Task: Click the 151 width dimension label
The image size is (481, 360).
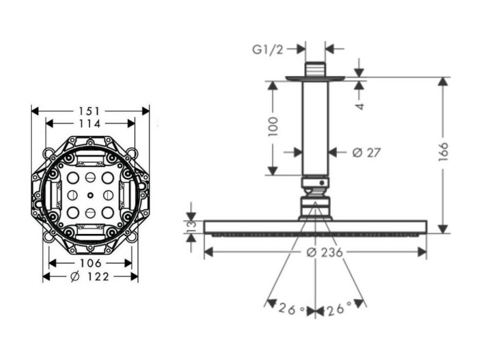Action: point(90,111)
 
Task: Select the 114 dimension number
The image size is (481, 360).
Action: point(90,124)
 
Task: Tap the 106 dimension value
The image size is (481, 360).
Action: point(91,263)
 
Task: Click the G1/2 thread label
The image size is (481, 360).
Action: point(267,49)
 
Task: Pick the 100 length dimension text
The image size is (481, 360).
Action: point(273,126)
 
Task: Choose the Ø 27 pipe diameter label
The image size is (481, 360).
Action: point(366,152)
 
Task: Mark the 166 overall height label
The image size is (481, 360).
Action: point(443,152)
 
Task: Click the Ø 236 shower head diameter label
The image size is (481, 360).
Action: point(325,252)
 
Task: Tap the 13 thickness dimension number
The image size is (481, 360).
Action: point(192,226)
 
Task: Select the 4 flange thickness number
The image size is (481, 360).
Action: point(360,106)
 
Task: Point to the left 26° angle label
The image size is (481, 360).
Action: point(292,309)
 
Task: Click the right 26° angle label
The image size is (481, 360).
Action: point(338,309)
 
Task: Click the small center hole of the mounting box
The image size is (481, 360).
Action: point(90,195)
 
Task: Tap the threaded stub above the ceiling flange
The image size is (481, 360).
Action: point(315,70)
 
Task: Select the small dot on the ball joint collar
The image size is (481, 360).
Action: point(321,183)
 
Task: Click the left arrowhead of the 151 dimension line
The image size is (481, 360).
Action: point(35,111)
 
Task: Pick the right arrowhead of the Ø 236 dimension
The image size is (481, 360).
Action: point(423,252)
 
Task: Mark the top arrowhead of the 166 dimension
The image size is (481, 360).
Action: point(443,82)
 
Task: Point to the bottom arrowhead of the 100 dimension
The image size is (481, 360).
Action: point(273,171)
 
